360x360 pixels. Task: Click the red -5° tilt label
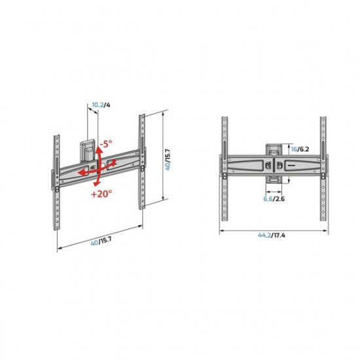107,144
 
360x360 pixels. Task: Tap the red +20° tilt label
101,194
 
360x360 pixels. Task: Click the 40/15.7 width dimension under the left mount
99,242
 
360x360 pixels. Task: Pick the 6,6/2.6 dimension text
273,198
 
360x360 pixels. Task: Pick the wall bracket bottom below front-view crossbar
274,180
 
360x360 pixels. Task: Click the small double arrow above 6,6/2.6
274,190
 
